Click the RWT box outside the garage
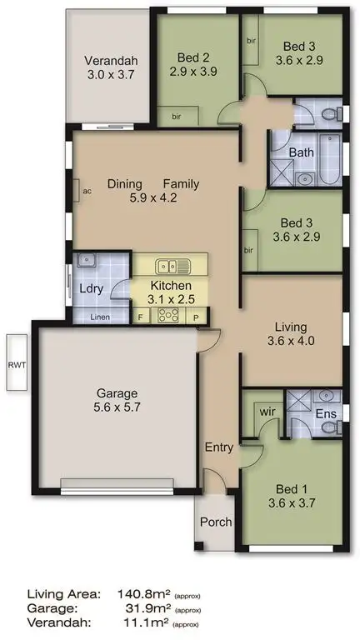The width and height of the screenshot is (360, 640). pyautogui.click(x=15, y=362)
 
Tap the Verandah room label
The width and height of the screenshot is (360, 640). pyautogui.click(x=111, y=60)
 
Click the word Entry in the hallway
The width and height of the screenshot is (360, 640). pyautogui.click(x=219, y=447)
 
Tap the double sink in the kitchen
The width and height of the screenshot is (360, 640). pyautogui.click(x=174, y=267)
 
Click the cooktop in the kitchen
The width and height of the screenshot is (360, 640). pyautogui.click(x=169, y=315)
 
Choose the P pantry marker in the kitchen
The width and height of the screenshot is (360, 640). pyautogui.click(x=197, y=317)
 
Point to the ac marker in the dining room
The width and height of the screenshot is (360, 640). pyautogui.click(x=87, y=190)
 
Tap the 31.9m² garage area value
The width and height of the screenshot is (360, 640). pyautogui.click(x=152, y=609)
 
